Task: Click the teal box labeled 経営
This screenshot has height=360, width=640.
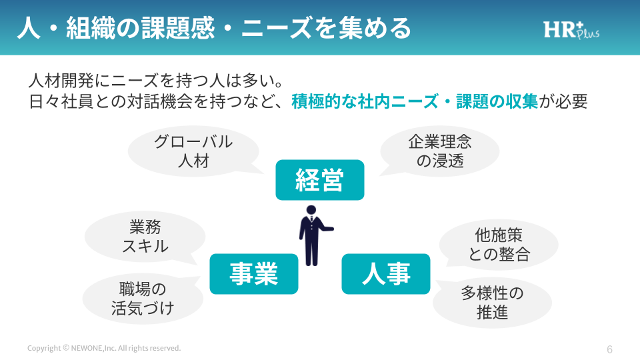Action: (320, 180)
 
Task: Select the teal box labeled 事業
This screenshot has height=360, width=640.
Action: (253, 274)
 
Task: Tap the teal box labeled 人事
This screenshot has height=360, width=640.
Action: (386, 274)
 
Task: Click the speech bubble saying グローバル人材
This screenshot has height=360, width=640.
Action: (193, 151)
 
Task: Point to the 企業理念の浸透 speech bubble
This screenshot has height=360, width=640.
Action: (440, 151)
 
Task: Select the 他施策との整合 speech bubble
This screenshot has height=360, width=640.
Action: (499, 244)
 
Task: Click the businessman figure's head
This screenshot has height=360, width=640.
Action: (311, 211)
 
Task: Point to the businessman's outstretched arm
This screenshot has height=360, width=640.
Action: (325, 229)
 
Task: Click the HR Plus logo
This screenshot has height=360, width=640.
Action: (571, 30)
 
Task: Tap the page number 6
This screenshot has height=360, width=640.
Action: (609, 349)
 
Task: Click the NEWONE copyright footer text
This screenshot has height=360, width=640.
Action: (104, 348)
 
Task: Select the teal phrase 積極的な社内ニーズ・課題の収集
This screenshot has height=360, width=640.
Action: (415, 103)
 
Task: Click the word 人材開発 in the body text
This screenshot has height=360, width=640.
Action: (57, 82)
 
